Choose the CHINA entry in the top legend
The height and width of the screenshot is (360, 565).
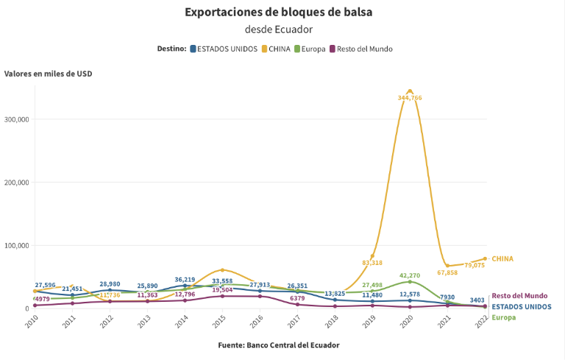tap(277, 49)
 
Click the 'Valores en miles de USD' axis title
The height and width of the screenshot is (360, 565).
tap(48, 74)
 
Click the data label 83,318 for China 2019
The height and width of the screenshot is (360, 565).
tap(372, 263)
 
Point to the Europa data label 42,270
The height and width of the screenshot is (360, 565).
tap(410, 275)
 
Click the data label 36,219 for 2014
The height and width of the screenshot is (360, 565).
tap(184, 280)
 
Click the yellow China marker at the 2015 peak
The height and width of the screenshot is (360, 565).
tap(222, 270)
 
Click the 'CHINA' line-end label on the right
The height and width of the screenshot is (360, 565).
tap(502, 258)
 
